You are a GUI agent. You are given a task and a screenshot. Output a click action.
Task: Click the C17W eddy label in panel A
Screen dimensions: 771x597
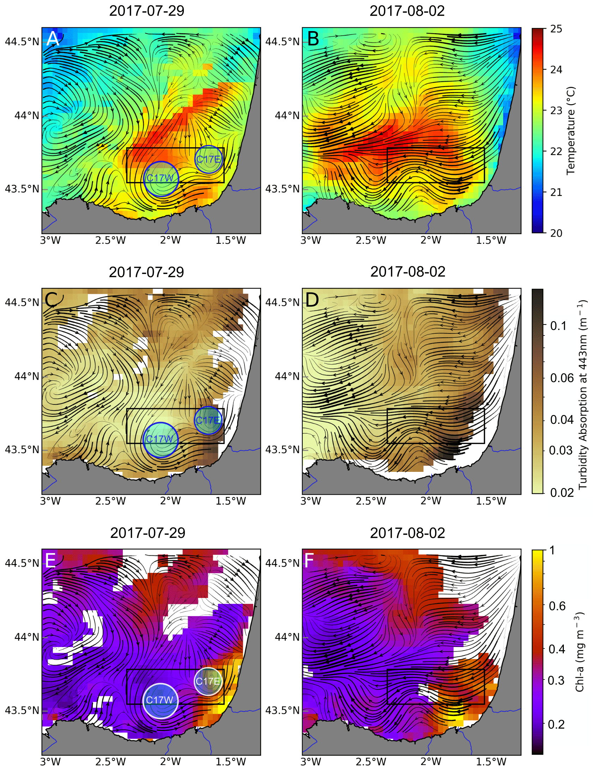pos(160,178)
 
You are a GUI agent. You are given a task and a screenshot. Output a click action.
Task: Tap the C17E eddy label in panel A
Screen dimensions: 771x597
pos(209,159)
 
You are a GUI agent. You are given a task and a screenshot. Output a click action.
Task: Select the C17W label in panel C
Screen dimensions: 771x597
pos(160,439)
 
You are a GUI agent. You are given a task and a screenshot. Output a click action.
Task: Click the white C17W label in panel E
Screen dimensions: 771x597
pos(160,700)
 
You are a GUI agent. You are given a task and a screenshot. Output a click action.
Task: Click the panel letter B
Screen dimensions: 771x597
pos(313,39)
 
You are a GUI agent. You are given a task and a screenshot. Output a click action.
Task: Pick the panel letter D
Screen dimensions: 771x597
pos(313,300)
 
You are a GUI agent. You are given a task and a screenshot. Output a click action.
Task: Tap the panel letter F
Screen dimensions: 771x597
pos(309,560)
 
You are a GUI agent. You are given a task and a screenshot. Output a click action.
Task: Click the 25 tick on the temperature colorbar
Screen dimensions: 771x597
pos(556,29)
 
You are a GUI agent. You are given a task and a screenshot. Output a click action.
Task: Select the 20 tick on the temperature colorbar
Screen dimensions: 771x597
pos(556,233)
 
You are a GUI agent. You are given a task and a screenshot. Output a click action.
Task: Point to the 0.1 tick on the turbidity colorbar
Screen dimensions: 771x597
pos(558,326)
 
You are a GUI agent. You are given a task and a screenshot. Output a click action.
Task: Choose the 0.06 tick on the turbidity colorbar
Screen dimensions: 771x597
pos(562,378)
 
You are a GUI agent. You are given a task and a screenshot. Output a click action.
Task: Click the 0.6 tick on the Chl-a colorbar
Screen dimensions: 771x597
pos(557,606)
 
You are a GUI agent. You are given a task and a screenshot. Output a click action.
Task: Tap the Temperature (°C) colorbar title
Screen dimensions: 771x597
pos(571,131)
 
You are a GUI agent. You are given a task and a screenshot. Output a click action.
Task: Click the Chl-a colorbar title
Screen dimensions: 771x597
pos(579,652)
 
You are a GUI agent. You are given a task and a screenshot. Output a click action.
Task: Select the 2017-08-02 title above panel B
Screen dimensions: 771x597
pos(407,11)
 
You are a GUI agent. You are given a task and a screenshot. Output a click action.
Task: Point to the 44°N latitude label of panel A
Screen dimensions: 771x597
pos(26,115)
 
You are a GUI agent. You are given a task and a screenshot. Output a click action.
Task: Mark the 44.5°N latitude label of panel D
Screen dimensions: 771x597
pos(282,302)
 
